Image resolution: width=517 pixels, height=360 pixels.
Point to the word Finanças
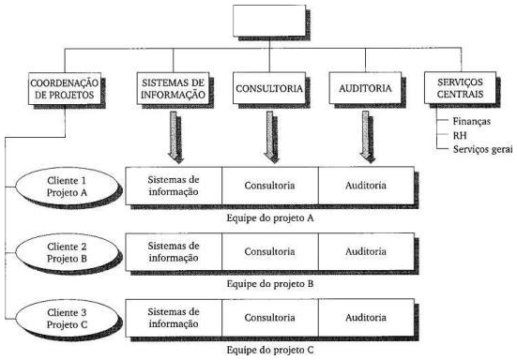[x=471, y=122]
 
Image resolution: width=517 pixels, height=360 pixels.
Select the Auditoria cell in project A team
[x=365, y=184]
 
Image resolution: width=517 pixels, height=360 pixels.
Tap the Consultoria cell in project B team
[x=270, y=251]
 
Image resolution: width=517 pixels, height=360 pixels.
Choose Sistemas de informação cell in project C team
[x=174, y=318]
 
